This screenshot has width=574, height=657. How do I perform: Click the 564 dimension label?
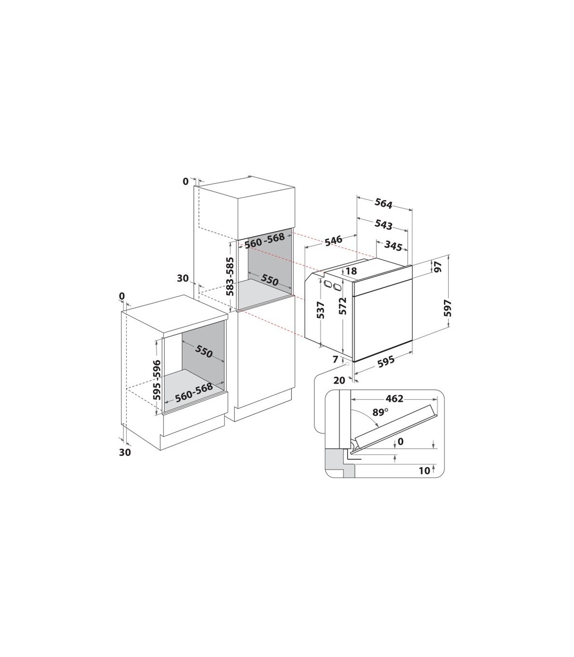[383, 204]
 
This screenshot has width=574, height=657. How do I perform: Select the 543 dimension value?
[383, 225]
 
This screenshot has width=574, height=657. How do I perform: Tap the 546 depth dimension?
[333, 240]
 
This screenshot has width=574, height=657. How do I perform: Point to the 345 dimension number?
[393, 246]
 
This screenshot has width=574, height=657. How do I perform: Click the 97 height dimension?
[438, 267]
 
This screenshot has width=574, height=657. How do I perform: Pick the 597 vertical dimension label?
[448, 308]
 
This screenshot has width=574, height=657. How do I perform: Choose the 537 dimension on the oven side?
[320, 310]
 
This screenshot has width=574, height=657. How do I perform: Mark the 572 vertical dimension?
[343, 306]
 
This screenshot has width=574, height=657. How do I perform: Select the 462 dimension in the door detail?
[394, 398]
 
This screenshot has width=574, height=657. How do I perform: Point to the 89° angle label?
[380, 412]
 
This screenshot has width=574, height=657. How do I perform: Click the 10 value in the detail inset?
[424, 471]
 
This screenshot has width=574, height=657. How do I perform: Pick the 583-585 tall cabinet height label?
[230, 276]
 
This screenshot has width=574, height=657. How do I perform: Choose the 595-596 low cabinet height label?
[157, 380]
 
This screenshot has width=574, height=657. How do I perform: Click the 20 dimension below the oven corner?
[339, 381]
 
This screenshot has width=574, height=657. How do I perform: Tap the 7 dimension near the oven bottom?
[335, 359]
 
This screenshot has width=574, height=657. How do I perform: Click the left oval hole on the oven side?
[328, 284]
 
